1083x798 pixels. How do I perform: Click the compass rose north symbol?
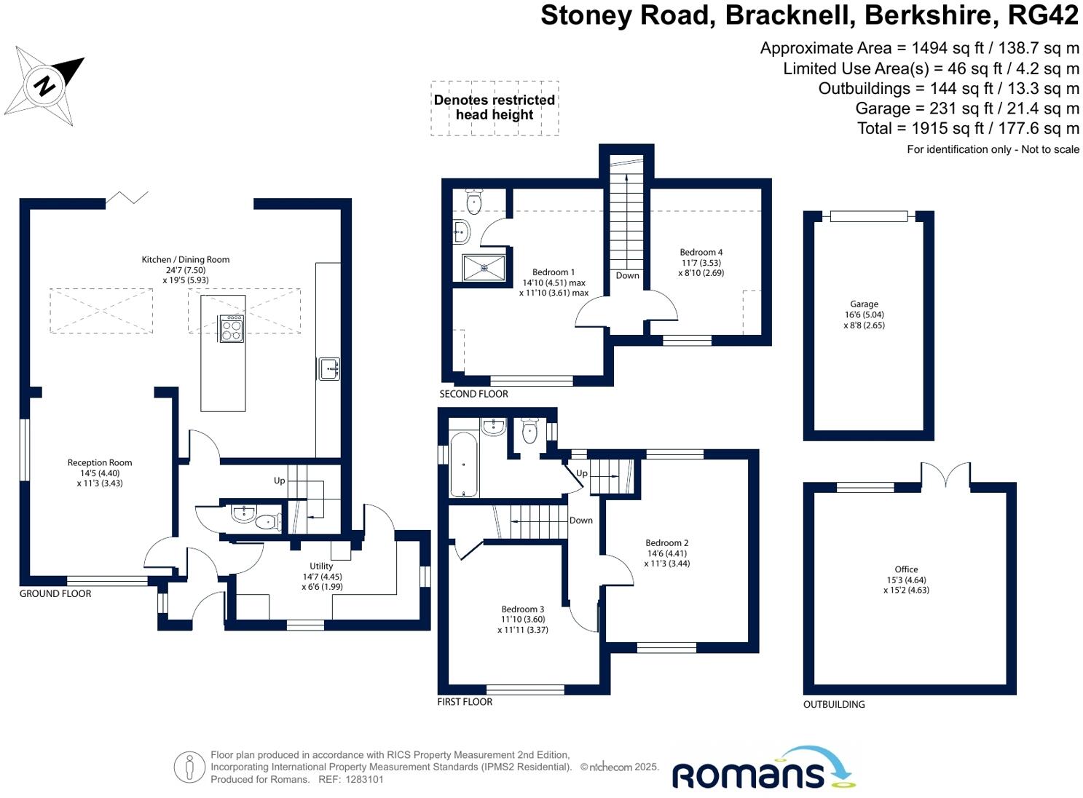tap(45, 84)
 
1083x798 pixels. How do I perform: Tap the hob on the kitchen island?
tap(232, 328)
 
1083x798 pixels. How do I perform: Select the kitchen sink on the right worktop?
tap(329, 368)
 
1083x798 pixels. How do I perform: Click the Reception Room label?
tap(100, 462)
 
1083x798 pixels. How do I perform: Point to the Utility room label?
tap(321, 566)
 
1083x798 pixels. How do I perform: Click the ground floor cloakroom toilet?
tap(269, 521)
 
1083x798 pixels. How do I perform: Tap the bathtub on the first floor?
tap(464, 464)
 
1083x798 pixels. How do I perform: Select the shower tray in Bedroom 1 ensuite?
tap(484, 267)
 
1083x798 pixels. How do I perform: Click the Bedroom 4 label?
tap(701, 252)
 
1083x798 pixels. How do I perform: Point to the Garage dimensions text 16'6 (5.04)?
tap(864, 315)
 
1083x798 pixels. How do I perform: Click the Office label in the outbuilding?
tap(906, 569)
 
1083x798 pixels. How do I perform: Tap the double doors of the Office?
tap(945, 475)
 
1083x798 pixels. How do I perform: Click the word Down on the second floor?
tap(627, 275)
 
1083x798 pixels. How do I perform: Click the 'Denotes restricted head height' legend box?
tap(495, 108)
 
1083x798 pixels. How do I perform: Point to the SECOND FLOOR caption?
tap(473, 394)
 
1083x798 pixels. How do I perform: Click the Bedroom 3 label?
tap(522, 609)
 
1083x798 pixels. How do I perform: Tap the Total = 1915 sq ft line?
tap(968, 129)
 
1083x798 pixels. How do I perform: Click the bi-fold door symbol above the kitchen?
tap(128, 197)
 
